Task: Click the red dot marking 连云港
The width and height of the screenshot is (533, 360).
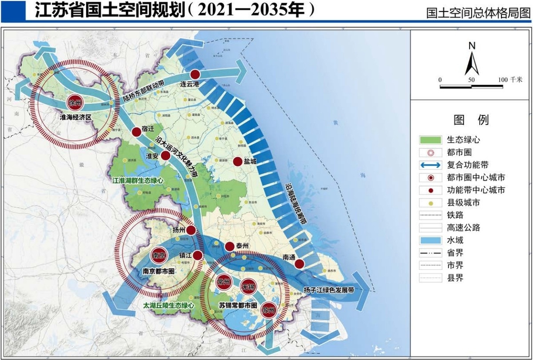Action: tap(195, 75)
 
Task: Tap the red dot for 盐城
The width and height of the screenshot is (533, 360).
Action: tap(238, 162)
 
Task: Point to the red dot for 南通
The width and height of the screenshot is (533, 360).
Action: tap(300, 264)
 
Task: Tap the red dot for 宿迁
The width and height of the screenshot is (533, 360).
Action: tap(136, 132)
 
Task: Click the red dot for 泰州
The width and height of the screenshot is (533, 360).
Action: tap(229, 246)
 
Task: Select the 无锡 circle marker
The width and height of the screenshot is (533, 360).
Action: tap(247, 287)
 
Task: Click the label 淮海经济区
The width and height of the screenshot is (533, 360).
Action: tap(76, 117)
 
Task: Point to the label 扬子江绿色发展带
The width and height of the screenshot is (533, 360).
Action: tap(329, 290)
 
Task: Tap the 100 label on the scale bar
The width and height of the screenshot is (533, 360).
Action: tap(502, 79)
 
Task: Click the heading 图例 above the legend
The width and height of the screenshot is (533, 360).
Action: tap(471, 120)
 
